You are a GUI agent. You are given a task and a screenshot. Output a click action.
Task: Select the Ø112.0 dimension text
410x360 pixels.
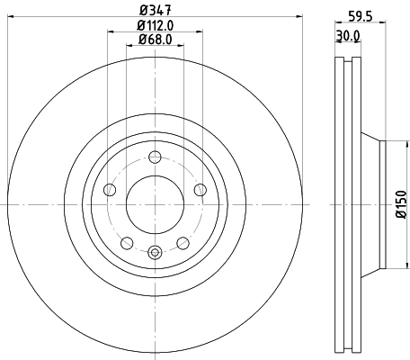pos(155,26)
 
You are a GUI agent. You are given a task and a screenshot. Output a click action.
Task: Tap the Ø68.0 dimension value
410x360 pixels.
pos(155,40)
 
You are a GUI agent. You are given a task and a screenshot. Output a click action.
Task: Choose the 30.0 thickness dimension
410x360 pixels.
pos(347,36)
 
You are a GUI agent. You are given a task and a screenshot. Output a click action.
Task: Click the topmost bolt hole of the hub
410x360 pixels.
pos(154,155)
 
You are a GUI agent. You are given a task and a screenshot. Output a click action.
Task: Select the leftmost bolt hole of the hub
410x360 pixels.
pos(110,189)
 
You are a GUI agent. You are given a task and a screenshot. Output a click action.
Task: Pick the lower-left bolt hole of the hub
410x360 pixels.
pos(127,242)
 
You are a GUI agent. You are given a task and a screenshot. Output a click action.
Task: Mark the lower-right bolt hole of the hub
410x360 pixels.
pos(183,242)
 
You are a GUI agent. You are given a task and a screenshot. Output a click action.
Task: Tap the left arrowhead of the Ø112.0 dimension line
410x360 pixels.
pos(110,33)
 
